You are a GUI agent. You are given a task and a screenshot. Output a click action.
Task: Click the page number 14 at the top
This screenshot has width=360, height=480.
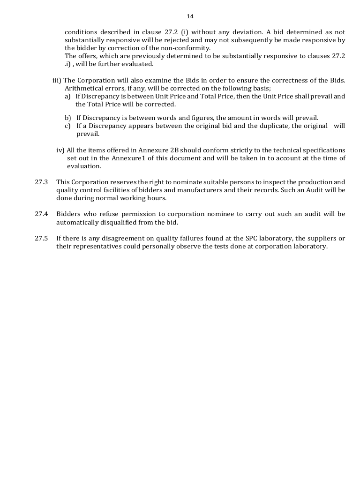[x=190, y=16]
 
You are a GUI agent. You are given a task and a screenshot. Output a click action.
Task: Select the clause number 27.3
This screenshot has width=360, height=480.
[x=41, y=182]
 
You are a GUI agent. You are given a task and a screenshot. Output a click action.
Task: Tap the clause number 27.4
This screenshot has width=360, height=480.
[x=41, y=214]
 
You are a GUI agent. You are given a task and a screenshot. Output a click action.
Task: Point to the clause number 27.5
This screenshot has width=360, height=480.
[x=41, y=238]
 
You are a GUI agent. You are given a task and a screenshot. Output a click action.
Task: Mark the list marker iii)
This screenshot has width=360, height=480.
[x=57, y=80]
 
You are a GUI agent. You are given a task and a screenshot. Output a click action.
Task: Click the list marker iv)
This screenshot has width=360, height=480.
[x=60, y=150]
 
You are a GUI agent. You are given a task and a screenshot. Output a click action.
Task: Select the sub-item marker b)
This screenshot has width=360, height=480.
[x=68, y=118]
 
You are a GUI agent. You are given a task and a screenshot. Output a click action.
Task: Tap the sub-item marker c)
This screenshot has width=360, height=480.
[x=68, y=126]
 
